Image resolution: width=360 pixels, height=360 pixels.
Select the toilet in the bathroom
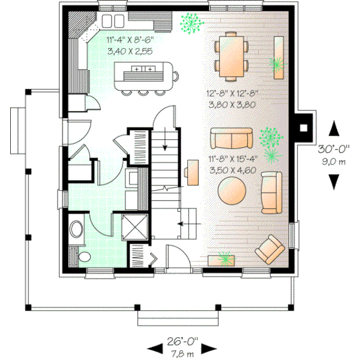(x=77, y=229)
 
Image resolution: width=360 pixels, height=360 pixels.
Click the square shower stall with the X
(x=134, y=227)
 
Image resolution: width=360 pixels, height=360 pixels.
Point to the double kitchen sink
(x=112, y=21)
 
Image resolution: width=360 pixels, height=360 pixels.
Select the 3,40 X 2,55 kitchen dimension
(x=129, y=52)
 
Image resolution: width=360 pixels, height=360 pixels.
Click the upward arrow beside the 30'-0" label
(x=335, y=130)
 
